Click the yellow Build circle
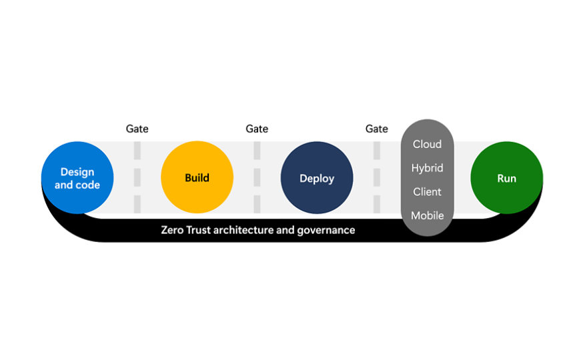pyautogui.click(x=197, y=177)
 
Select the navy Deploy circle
pyautogui.click(x=317, y=178)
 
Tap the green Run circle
pyautogui.click(x=506, y=178)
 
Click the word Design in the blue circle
pyautogui.click(x=77, y=172)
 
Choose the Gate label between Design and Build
pyautogui.click(x=137, y=129)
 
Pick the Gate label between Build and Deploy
pyautogui.click(x=257, y=129)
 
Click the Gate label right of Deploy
pyautogui.click(x=377, y=129)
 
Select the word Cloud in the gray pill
pyautogui.click(x=427, y=144)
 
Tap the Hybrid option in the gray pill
pyautogui.click(x=427, y=168)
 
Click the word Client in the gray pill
pyautogui.click(x=427, y=192)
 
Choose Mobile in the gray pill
pyautogui.click(x=427, y=215)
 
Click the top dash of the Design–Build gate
pyautogui.click(x=137, y=151)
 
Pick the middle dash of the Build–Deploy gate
pyautogui.click(x=257, y=177)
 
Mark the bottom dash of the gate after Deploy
pyautogui.click(x=377, y=203)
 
